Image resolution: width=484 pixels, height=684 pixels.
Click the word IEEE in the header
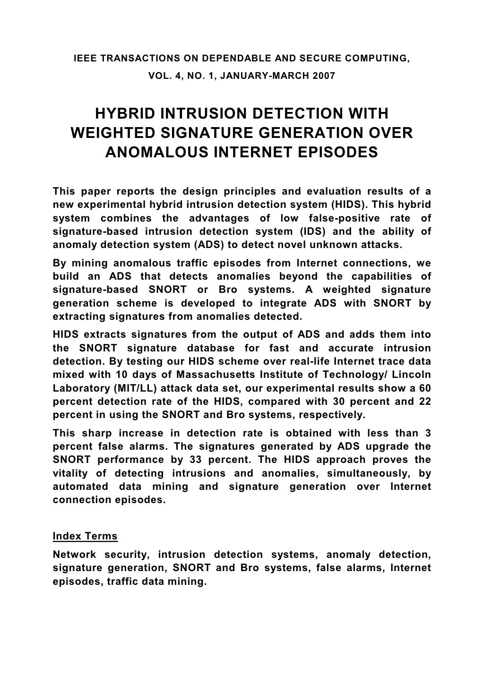click(x=86, y=59)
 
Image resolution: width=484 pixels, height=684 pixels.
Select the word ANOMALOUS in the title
click(x=153, y=153)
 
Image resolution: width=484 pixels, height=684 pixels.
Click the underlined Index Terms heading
click(x=85, y=537)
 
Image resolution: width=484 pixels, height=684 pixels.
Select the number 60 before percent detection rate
click(x=424, y=388)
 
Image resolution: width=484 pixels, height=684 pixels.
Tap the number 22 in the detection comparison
click(x=424, y=401)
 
